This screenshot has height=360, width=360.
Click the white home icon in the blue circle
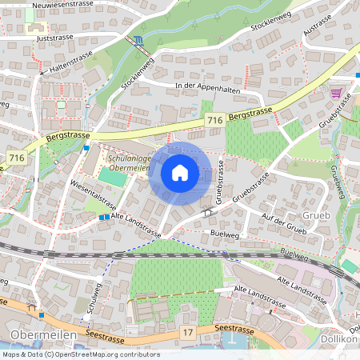pos(179,172)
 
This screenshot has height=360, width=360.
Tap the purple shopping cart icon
pos(336,93)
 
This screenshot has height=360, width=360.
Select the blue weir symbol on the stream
pos(139,39)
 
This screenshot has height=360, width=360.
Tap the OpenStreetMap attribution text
pos(80,354)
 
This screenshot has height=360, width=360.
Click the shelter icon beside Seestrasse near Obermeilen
pos(32,305)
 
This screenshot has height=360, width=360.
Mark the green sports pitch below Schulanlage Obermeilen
pos(115,178)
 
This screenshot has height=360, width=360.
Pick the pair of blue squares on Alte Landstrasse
pos(104,216)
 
